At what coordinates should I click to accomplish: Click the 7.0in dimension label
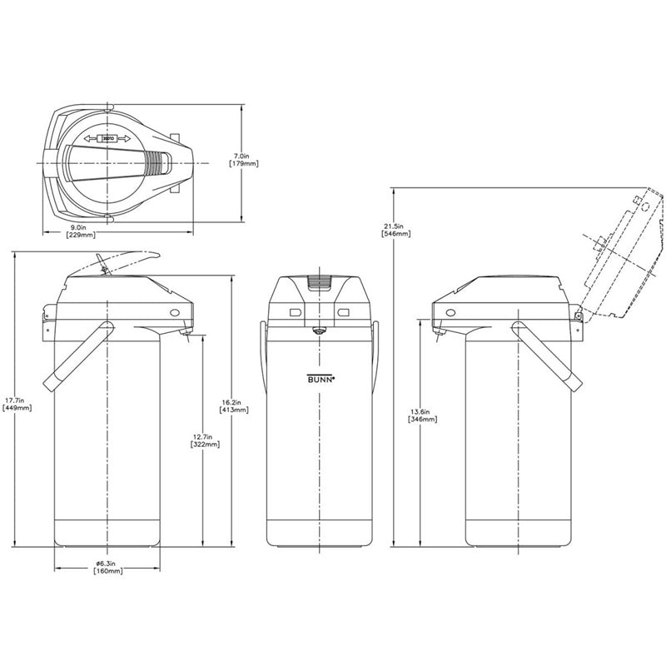click(243, 155)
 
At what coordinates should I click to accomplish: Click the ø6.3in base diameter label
click(109, 563)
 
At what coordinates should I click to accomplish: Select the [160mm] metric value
click(109, 572)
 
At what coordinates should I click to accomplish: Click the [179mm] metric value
click(243, 164)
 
